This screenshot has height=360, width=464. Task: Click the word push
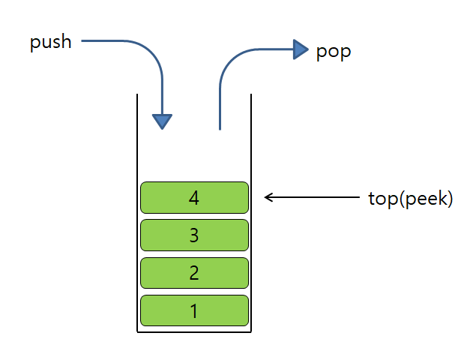(x=50, y=42)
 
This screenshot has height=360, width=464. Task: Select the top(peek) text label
(x=410, y=199)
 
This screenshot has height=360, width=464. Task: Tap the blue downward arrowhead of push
(x=162, y=121)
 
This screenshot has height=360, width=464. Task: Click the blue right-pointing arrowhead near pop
(x=301, y=50)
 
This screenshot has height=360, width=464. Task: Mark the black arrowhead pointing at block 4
(x=269, y=198)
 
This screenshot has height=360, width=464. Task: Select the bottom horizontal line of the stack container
(x=194, y=331)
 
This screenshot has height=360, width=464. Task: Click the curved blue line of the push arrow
(x=142, y=47)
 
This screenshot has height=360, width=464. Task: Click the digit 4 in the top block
(x=194, y=198)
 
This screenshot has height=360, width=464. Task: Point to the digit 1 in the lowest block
(x=194, y=310)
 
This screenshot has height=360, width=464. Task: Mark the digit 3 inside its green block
(x=194, y=235)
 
